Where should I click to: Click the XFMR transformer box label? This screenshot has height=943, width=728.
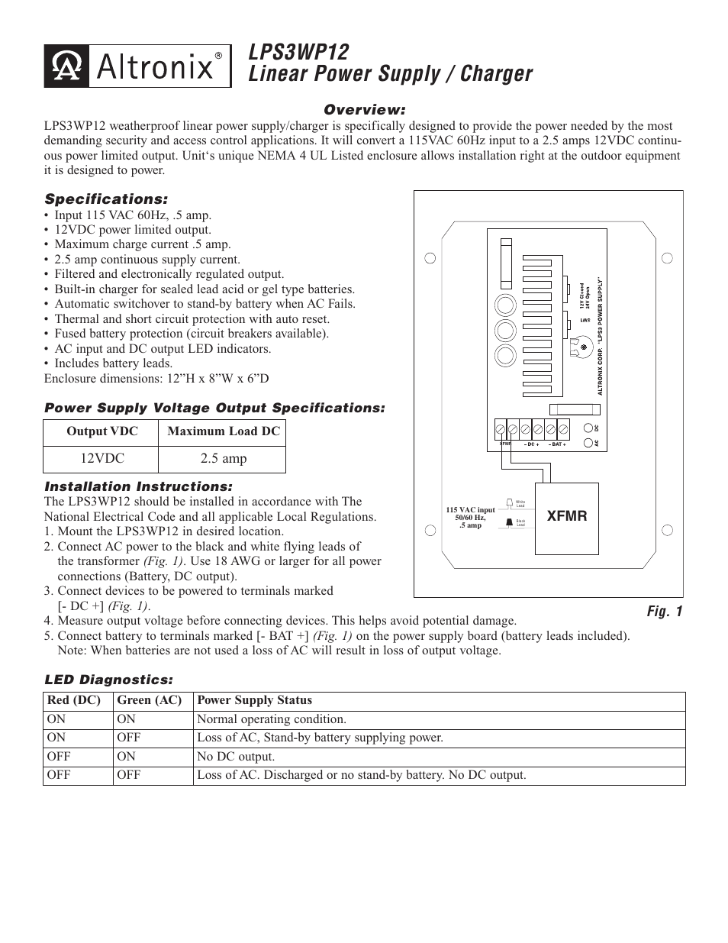point(567,516)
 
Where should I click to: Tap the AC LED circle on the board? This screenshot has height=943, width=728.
point(588,443)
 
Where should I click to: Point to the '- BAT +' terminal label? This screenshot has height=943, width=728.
point(557,444)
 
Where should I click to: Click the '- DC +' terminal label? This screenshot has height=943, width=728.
point(531,444)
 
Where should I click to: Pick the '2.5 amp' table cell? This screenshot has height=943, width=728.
point(223,459)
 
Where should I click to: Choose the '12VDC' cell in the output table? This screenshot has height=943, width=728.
point(102,459)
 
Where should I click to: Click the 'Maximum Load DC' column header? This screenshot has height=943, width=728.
point(224,431)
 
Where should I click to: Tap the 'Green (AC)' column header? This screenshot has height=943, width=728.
point(149,700)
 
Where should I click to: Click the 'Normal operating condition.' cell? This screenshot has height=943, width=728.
point(271,719)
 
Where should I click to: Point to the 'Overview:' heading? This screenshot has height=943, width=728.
point(364,110)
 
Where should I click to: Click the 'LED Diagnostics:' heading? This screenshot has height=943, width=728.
point(108,680)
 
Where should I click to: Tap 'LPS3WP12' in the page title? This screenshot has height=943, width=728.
point(298,52)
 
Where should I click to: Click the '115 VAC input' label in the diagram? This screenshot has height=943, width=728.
point(470,510)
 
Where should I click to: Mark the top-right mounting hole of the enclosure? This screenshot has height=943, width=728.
point(668,258)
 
